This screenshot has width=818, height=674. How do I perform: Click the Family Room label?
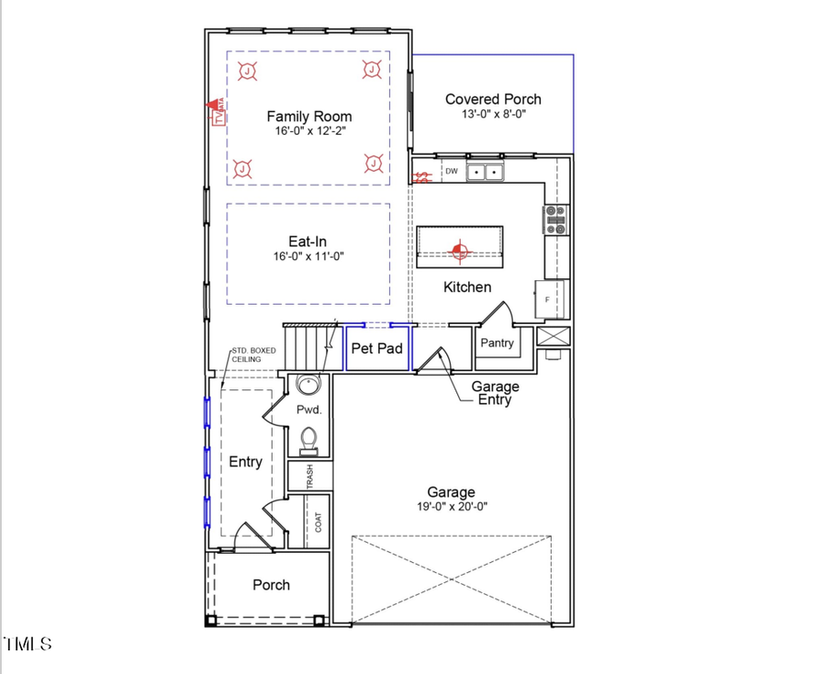click(x=309, y=116)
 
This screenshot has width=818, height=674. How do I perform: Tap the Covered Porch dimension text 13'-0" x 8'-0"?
click(x=493, y=115)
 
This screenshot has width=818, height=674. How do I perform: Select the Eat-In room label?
click(x=307, y=242)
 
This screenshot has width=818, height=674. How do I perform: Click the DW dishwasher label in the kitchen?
click(x=451, y=171)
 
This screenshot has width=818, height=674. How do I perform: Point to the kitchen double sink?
click(x=485, y=171)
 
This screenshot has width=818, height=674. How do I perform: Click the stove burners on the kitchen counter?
click(x=555, y=219)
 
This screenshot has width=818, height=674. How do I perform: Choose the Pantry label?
click(x=496, y=343)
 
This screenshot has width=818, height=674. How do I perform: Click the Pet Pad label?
click(x=376, y=348)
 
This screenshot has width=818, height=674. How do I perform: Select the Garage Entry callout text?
click(x=496, y=393)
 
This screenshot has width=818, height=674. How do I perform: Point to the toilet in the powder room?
click(x=310, y=438)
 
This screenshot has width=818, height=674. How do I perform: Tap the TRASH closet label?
click(x=310, y=477)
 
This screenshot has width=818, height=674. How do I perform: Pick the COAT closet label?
click(x=318, y=522)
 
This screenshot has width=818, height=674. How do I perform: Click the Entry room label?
click(x=245, y=462)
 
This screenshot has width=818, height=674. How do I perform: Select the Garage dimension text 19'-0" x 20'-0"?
click(x=451, y=508)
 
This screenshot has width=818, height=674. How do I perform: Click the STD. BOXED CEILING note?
click(x=253, y=355)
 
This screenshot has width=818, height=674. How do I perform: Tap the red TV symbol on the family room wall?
click(x=218, y=115)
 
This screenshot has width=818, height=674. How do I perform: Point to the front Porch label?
click(x=271, y=585)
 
